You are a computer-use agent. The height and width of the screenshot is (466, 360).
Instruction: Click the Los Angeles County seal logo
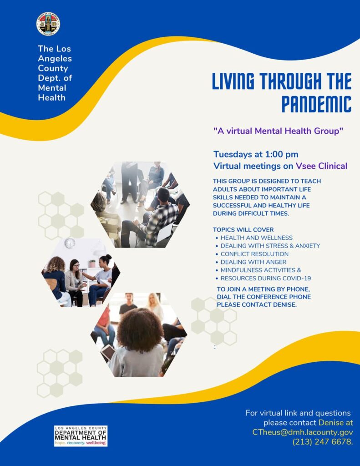point(48,24)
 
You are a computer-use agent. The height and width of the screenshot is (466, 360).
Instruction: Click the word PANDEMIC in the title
point(316,104)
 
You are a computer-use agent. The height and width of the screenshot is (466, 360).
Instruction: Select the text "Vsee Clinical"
point(321,166)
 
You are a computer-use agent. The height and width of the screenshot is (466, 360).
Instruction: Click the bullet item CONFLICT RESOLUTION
point(254,254)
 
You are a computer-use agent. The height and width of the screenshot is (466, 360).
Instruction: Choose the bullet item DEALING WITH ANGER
point(254,262)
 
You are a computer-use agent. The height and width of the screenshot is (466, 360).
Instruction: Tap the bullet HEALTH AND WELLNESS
point(256,238)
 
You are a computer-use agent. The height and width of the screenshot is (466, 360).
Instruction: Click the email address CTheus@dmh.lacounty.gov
point(303,432)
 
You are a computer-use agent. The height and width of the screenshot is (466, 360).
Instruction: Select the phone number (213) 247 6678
point(323,441)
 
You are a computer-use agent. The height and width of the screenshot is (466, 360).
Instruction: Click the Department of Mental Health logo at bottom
point(81,436)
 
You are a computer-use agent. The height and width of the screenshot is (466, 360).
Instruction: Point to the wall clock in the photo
point(70,243)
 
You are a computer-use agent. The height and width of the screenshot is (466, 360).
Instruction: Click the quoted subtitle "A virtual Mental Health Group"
point(278,131)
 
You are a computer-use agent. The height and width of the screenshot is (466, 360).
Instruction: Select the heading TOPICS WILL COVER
point(243,229)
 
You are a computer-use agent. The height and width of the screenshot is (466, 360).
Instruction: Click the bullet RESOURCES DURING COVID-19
point(266,278)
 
